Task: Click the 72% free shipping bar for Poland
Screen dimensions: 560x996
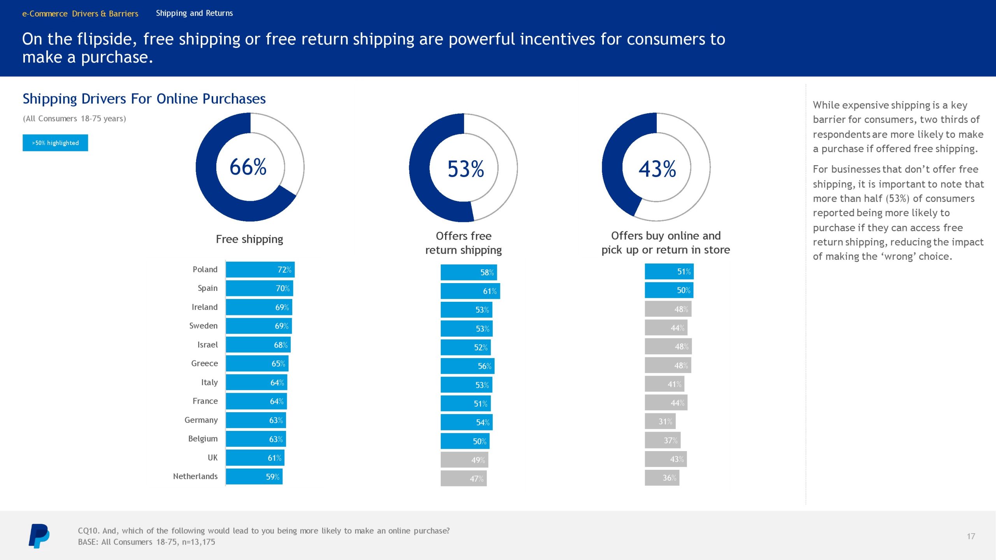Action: (x=260, y=269)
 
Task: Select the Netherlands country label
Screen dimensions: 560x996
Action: (x=195, y=476)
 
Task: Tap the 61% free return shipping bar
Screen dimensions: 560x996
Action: (x=470, y=291)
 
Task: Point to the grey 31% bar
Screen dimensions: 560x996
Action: (x=660, y=422)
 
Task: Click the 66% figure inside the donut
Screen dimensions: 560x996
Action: (x=248, y=167)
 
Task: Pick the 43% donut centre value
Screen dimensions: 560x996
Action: (x=657, y=169)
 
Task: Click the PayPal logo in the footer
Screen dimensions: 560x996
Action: (x=39, y=536)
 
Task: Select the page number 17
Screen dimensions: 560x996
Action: (x=971, y=536)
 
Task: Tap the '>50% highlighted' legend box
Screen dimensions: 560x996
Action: (x=55, y=143)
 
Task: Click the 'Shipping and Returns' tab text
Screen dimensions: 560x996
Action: (x=194, y=13)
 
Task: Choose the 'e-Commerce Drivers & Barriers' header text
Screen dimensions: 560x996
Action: (x=80, y=14)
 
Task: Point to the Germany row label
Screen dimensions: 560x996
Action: (x=201, y=420)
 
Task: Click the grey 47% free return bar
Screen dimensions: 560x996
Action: (x=463, y=479)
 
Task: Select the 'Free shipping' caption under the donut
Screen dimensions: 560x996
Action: (x=249, y=239)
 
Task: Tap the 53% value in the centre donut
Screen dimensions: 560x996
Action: (x=466, y=169)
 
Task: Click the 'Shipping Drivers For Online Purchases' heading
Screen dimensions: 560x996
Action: (x=144, y=99)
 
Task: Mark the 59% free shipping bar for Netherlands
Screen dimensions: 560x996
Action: (x=254, y=477)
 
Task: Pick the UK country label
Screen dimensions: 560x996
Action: (x=212, y=458)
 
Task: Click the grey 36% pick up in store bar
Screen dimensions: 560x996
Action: (x=662, y=478)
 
